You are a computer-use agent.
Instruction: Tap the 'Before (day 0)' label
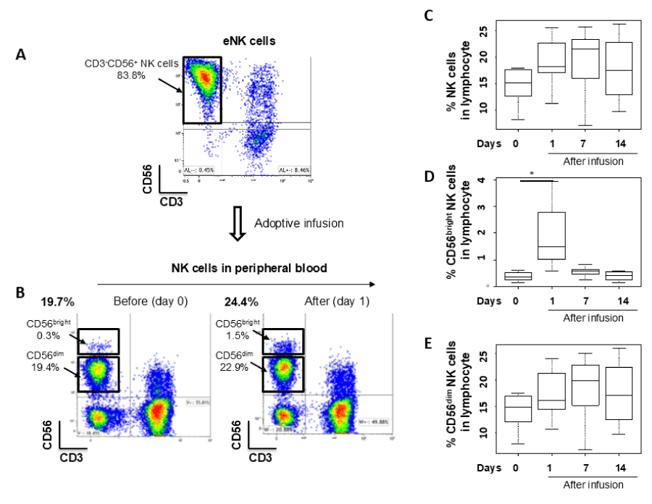[143, 300]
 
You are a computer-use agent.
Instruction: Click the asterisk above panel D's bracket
[532, 175]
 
